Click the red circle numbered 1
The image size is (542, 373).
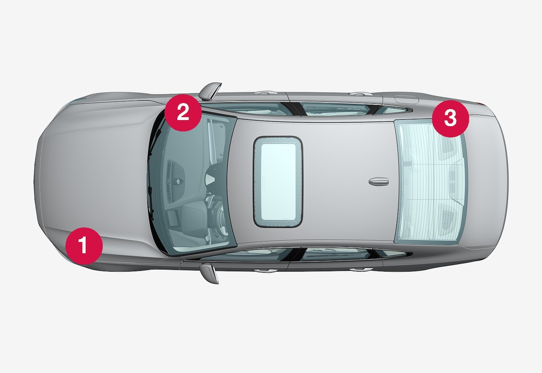(x=84, y=246)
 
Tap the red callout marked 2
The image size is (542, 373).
(x=183, y=113)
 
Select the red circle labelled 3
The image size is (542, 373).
(x=450, y=119)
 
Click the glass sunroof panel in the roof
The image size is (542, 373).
(x=278, y=182)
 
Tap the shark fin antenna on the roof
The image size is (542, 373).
(x=379, y=181)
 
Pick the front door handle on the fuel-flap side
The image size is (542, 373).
(x=266, y=93)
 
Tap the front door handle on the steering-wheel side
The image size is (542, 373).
(x=266, y=271)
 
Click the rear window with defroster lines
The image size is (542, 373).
(x=431, y=182)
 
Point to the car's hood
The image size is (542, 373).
(x=97, y=181)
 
